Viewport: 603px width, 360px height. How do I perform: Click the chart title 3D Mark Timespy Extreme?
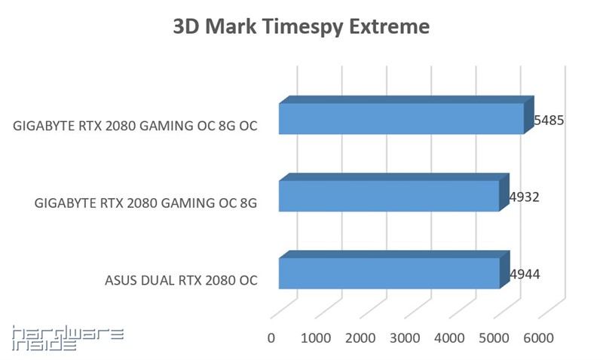(x=301, y=28)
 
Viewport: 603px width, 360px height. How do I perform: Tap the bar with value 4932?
(x=389, y=196)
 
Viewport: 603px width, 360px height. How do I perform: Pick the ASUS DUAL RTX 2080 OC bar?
(x=389, y=273)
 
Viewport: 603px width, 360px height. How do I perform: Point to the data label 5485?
(x=549, y=120)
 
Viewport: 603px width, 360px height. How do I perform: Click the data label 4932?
(x=525, y=197)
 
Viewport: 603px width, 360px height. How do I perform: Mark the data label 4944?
(x=525, y=275)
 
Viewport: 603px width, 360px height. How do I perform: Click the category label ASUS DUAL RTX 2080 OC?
(x=181, y=281)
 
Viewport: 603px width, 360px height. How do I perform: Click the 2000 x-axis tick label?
(x=360, y=337)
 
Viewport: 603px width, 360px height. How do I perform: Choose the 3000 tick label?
(x=405, y=337)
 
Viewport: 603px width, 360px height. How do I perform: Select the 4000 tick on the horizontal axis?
(x=449, y=337)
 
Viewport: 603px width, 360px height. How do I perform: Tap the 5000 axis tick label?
(x=494, y=337)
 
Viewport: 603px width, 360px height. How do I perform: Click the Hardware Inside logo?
(x=68, y=338)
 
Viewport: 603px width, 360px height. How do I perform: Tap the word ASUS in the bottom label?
(x=121, y=281)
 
